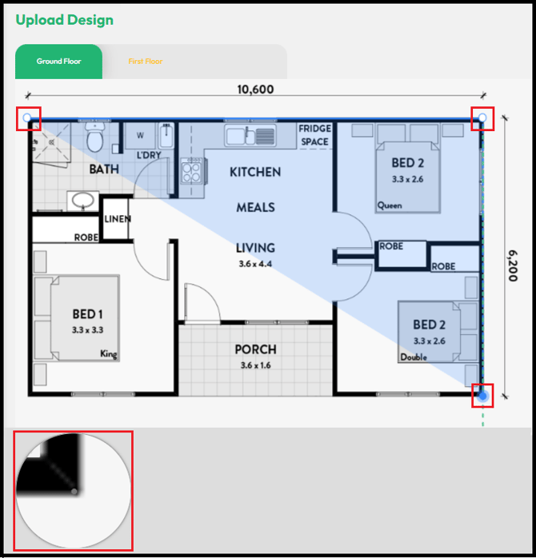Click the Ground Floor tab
[x=58, y=62]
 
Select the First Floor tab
[x=146, y=62]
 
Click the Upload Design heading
[x=65, y=20]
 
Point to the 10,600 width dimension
[x=255, y=90]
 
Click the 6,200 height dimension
[x=513, y=265]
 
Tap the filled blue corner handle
[x=482, y=396]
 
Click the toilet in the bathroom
[x=95, y=138]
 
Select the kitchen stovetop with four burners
[x=191, y=172]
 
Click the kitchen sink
[x=250, y=135]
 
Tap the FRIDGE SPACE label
[x=315, y=135]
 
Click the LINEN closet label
[x=118, y=219]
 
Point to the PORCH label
[x=256, y=349]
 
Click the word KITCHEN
[x=255, y=172]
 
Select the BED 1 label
[x=88, y=314]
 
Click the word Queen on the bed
[x=390, y=205]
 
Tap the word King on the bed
[x=109, y=353]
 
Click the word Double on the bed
[x=414, y=357]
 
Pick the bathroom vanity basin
[x=83, y=201]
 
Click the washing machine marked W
[x=140, y=136]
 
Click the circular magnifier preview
[x=74, y=491]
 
